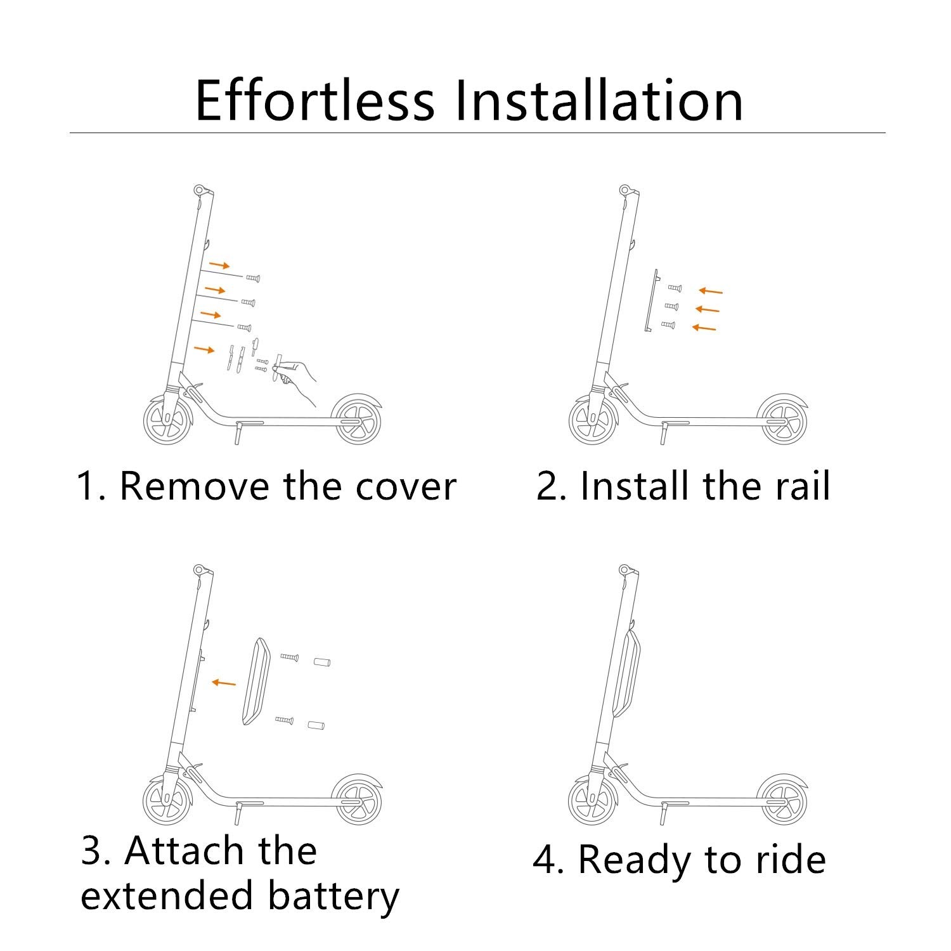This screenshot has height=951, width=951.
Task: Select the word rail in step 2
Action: tap(802, 487)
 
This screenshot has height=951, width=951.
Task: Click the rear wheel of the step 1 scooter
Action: tap(358, 420)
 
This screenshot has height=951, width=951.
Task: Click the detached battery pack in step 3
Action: tap(256, 680)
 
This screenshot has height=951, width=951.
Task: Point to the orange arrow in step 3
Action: tap(223, 683)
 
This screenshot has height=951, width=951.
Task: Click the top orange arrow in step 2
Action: tap(711, 291)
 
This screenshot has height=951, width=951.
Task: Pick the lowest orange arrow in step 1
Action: tap(204, 349)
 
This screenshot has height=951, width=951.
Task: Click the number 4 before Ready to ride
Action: tap(544, 860)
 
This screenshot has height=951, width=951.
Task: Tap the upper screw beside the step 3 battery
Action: tap(289, 657)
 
